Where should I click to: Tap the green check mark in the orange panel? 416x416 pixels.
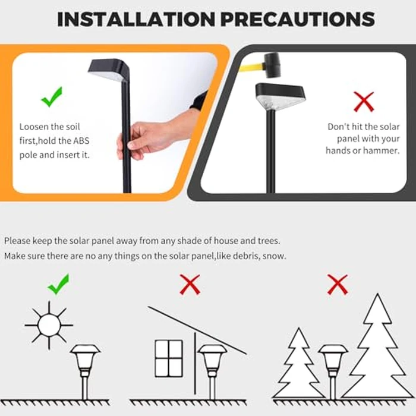52,97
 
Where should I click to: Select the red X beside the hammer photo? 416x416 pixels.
363,102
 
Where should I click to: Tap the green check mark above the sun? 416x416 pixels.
58,285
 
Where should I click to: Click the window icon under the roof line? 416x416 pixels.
169,357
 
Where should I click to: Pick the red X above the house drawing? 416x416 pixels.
190,285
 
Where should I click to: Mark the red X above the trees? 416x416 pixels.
337,285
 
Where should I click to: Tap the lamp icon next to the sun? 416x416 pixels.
85,368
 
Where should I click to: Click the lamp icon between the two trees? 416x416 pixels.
333,368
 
